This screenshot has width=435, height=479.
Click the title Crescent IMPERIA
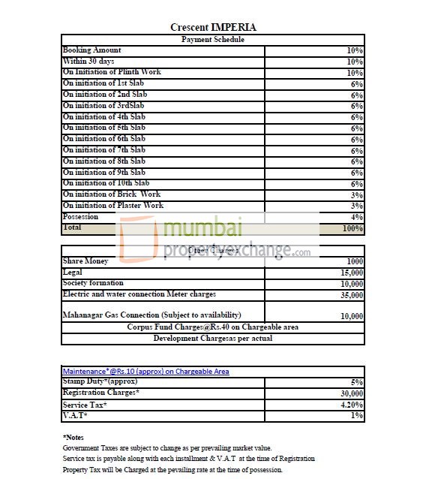213,28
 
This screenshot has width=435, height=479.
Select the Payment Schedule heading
213,39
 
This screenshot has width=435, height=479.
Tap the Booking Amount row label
91,50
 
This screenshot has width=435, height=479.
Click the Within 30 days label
88,61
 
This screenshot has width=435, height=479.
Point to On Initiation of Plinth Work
112,72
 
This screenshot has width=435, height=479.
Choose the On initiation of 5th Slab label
104,128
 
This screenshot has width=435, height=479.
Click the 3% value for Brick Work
356,195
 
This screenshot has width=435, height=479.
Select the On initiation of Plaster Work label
112,205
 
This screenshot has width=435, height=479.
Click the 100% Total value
352,228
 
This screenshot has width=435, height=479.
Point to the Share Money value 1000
354,262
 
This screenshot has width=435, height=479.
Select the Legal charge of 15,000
351,273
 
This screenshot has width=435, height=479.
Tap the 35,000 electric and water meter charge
351,296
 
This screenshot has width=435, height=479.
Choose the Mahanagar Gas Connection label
162,315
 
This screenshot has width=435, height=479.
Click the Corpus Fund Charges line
212,327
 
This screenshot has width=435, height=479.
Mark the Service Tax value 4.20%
351,405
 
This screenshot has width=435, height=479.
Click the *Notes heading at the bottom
73,437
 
